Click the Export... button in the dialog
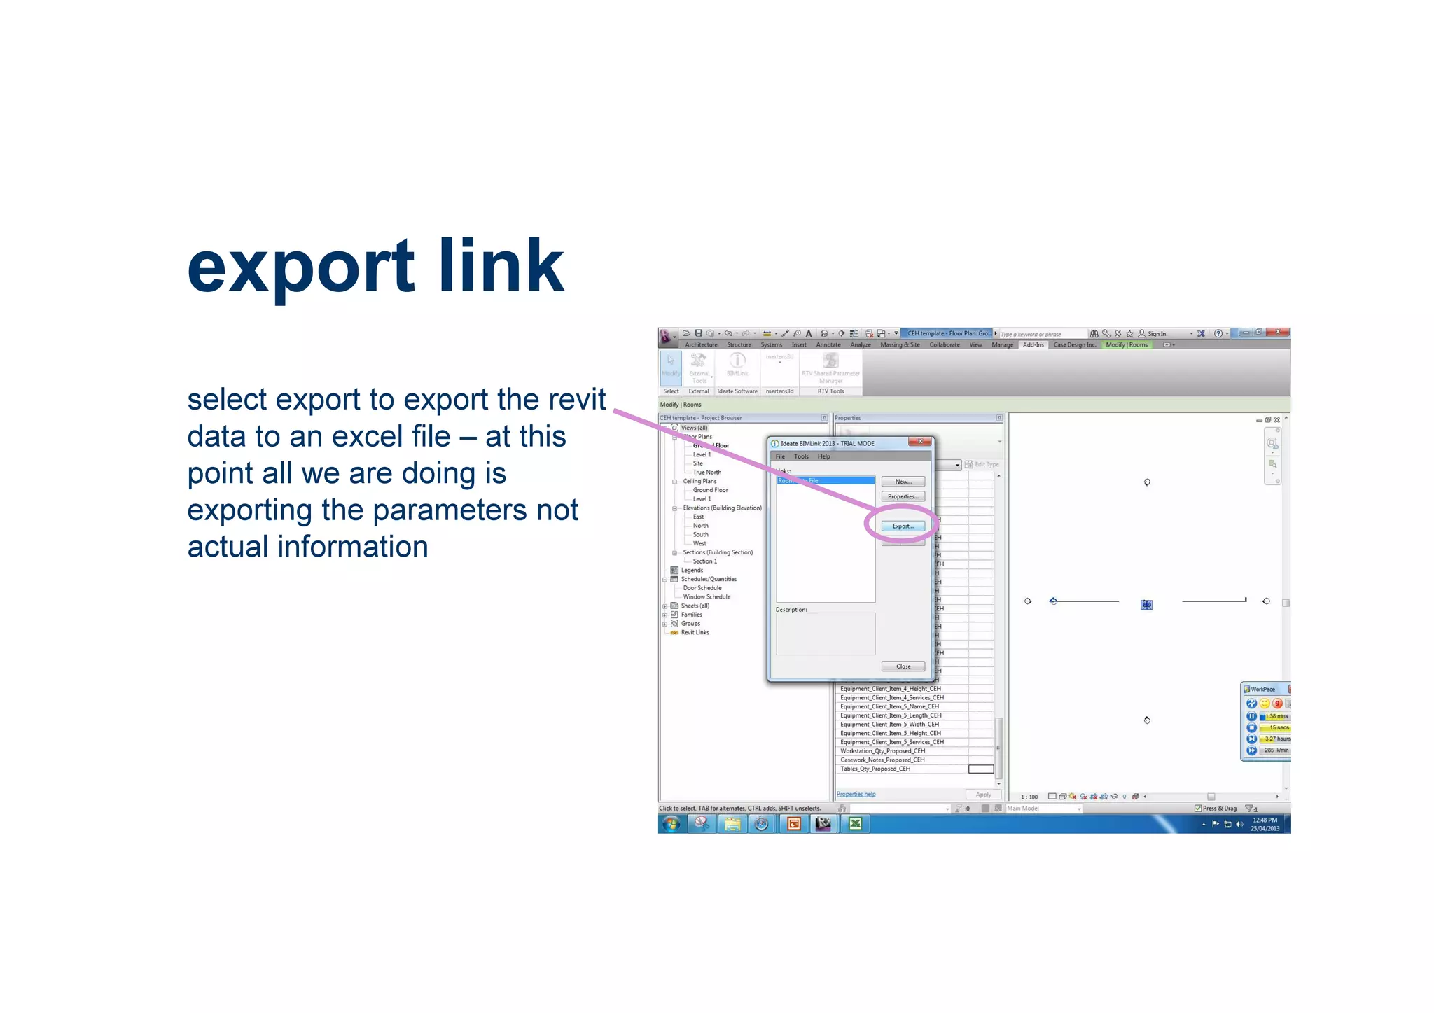(x=903, y=526)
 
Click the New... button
(x=903, y=482)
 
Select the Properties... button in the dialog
(x=903, y=496)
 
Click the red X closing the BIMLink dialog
(x=920, y=442)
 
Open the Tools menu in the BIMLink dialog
(x=801, y=456)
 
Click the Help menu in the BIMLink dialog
(x=824, y=456)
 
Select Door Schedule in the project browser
(x=702, y=588)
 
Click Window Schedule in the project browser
(x=706, y=597)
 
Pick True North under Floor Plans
(x=706, y=473)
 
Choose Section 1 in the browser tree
(x=704, y=561)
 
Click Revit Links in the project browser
(x=695, y=633)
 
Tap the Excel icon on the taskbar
(x=854, y=824)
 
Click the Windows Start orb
(x=671, y=824)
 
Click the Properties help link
(x=856, y=795)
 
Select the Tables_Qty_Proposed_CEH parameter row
(x=875, y=769)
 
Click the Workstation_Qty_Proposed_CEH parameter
(x=882, y=751)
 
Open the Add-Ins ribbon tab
(x=1033, y=345)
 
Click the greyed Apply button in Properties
(x=983, y=795)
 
